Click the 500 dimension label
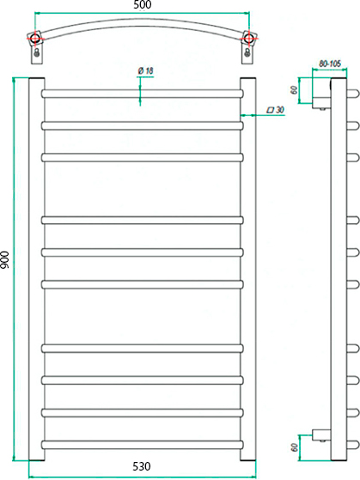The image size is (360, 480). (x=143, y=5)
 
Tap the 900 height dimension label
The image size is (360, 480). (x=5, y=260)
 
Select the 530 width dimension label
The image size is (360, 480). (x=142, y=466)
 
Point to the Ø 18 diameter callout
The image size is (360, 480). (x=145, y=71)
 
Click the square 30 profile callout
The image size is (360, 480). (x=276, y=110)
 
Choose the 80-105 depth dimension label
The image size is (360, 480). (x=330, y=64)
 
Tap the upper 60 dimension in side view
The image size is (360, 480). (x=294, y=90)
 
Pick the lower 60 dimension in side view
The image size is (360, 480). (x=295, y=447)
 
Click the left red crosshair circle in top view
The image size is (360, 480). (x=35, y=39)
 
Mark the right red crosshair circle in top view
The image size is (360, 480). (x=247, y=38)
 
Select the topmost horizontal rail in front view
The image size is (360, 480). (x=143, y=94)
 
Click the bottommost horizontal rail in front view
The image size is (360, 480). (x=143, y=445)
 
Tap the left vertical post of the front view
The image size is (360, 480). (x=36, y=270)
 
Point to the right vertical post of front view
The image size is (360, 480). (x=247, y=270)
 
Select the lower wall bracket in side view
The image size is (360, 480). (x=321, y=435)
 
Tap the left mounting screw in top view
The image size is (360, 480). (x=37, y=52)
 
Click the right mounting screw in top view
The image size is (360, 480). (x=247, y=52)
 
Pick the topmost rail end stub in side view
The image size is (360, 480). (x=352, y=93)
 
